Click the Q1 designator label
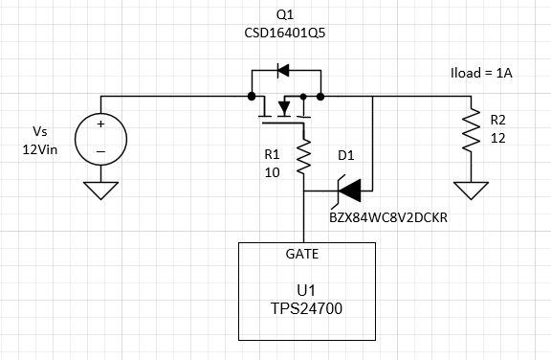tap(285, 15)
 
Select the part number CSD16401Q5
tap(285, 34)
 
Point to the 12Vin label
tap(39, 150)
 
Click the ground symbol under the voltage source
tap(99, 191)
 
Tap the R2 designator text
tap(498, 120)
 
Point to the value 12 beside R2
tap(497, 138)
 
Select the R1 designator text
tap(272, 153)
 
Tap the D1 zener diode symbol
tap(346, 191)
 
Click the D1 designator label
tap(346, 153)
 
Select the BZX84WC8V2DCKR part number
tap(387, 217)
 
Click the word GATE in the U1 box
tap(304, 254)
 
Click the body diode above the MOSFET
tap(282, 69)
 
